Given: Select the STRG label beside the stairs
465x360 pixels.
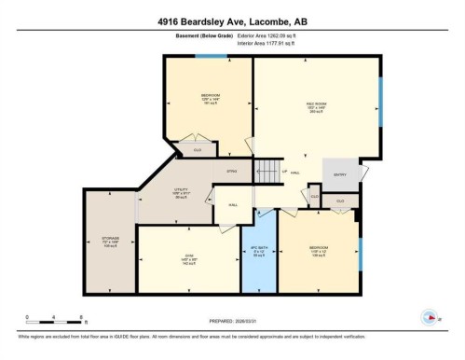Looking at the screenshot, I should pos(234,172).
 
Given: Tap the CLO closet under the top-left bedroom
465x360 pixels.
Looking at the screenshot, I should pos(198,148).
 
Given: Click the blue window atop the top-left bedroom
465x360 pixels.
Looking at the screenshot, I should pos(215,56).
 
